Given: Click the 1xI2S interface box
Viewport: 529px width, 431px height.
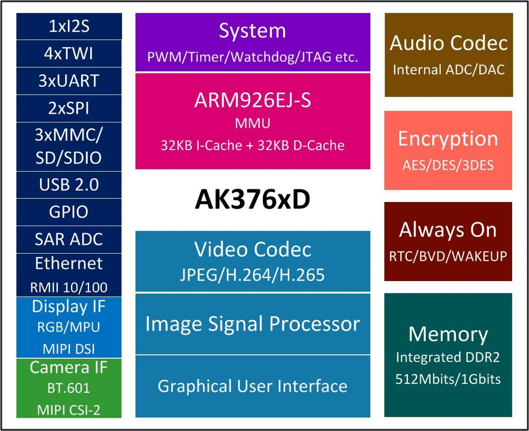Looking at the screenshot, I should pos(69,26).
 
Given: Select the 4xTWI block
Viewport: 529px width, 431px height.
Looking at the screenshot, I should pos(69,53).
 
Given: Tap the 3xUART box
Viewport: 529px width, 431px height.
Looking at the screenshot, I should pos(69,81).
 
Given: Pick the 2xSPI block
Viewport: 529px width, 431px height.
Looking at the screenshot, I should pos(69,108).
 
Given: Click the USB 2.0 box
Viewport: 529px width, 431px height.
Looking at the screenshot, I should pos(69,185).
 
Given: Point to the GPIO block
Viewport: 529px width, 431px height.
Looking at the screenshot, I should pos(69,212).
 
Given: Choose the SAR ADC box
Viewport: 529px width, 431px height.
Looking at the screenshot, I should pos(69,239).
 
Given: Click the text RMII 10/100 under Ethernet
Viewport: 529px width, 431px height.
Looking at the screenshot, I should pos(69,287).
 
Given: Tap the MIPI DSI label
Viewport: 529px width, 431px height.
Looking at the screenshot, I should pos(69,349).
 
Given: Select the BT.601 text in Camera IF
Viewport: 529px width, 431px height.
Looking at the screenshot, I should pos(69,388).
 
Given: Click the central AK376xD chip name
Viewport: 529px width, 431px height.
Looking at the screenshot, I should pos(252,200).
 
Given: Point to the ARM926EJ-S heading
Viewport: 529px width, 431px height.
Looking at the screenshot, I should pos(252,100).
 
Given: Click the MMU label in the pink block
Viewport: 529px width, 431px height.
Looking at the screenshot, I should pos(252,123).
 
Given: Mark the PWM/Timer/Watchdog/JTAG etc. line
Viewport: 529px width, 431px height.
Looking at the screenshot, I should pos(252,57).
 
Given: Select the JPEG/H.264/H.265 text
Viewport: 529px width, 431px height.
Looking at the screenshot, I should pos(252,275).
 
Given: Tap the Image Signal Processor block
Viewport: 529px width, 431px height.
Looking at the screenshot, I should pos(252,324).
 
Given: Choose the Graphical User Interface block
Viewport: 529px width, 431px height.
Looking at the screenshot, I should pos(252,386).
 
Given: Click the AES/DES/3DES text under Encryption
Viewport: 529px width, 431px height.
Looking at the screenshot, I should pos(448,165).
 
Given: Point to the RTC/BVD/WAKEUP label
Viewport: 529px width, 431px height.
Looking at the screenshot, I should pos(448,256).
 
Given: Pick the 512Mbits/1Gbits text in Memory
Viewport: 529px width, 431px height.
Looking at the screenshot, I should pos(448,379).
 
